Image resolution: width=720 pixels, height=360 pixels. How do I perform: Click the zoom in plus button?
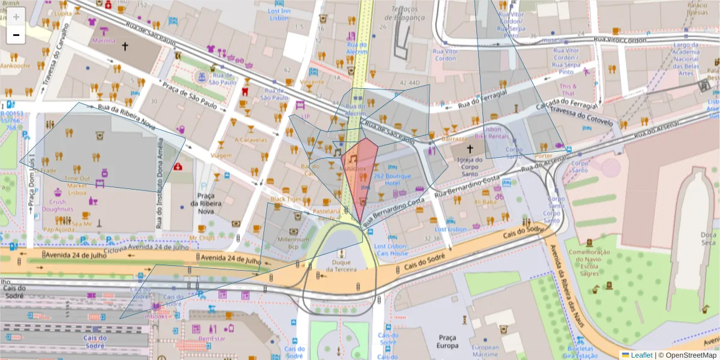pos(16,16)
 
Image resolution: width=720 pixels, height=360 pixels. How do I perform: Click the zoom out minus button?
pos(16,35)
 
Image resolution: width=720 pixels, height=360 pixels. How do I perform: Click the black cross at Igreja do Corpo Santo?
pos(470,148)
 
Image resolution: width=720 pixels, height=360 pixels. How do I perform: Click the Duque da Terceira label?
pos(341,266)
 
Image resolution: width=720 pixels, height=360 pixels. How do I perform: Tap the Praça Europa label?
pos(448,341)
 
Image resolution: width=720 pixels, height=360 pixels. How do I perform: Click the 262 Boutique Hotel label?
pos(392,179)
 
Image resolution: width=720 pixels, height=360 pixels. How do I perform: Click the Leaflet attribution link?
pos(641,355)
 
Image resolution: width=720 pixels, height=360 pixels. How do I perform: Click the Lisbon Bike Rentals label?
pos(491,133)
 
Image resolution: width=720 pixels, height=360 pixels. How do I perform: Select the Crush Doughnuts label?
pos(58,206)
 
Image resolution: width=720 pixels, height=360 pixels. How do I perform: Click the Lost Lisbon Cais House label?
pos(391,250)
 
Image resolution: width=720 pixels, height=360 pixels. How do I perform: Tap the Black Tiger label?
pos(285,199)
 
